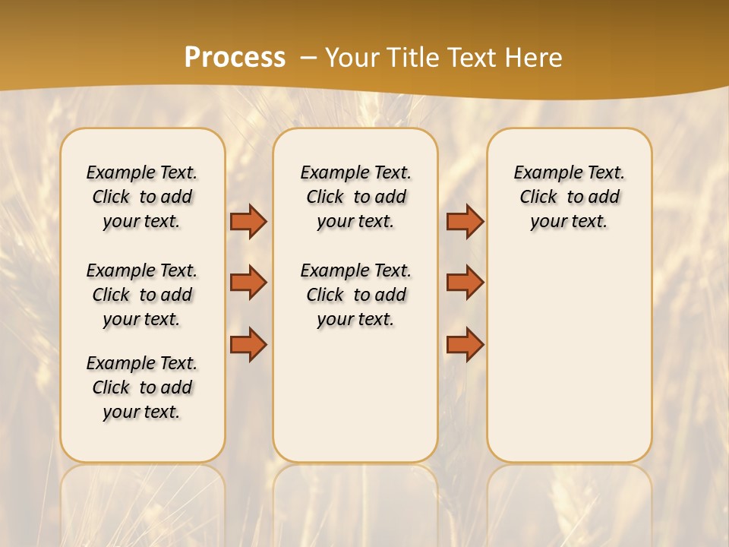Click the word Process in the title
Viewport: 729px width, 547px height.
coord(235,58)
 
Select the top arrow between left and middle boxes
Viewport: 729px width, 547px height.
coord(248,221)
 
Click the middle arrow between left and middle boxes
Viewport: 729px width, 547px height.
coord(248,283)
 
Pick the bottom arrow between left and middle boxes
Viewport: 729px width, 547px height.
coord(248,345)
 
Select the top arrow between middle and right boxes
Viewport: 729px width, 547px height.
coord(465,221)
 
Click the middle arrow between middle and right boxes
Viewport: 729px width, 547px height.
coord(465,283)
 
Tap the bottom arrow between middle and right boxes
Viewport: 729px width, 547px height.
coord(465,345)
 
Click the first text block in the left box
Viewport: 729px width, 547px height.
coord(142,197)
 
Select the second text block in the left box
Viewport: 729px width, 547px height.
coord(142,295)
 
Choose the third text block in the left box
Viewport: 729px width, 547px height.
coord(142,387)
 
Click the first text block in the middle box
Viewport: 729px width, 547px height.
coord(355,197)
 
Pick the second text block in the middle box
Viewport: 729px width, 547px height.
coord(355,295)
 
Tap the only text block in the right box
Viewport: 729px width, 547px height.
coord(569,197)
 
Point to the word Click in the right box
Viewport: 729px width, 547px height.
coord(538,198)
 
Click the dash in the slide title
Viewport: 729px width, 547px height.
coord(309,58)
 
